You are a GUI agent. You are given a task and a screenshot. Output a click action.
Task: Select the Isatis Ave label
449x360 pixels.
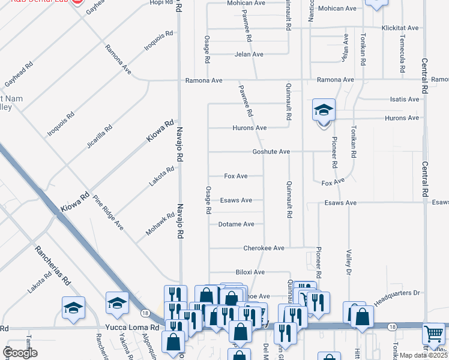405,100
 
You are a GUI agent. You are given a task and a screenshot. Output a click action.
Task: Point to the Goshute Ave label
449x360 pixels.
271,152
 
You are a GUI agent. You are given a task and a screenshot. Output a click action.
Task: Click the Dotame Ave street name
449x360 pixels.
237,224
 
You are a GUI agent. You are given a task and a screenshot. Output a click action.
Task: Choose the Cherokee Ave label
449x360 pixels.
263,248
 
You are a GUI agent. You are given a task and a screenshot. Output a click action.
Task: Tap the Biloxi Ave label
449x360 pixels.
250,272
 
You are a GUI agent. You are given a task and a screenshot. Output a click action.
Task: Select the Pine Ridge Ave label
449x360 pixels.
109,212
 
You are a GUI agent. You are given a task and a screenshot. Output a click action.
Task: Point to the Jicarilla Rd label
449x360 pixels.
99,137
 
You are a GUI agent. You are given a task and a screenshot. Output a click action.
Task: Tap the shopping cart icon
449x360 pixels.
434,333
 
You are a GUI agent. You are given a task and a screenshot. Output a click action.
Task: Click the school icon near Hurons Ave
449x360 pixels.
324,110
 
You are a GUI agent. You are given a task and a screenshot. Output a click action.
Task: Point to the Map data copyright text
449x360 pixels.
423,355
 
